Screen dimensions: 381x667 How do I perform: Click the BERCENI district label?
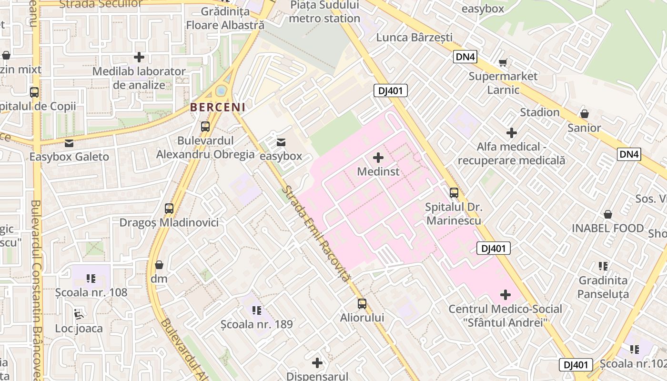[218, 107]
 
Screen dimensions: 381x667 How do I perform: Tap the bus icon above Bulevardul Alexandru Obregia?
[205, 127]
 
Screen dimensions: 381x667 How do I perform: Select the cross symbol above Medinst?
[378, 157]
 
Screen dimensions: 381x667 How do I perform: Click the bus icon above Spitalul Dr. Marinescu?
[454, 193]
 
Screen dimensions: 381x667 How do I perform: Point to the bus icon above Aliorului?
[362, 304]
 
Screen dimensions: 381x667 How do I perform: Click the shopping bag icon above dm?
[159, 265]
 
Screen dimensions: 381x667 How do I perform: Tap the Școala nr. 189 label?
[257, 324]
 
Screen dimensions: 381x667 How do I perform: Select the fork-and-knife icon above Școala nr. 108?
[91, 278]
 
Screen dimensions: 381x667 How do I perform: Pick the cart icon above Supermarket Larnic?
[503, 62]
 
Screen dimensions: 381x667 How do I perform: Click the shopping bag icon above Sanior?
[585, 114]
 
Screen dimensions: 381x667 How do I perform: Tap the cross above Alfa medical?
[512, 132]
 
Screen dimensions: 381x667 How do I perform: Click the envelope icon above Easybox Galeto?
[69, 143]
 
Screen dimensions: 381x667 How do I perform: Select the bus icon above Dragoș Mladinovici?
[169, 209]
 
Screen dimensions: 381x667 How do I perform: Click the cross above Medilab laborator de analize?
[139, 58]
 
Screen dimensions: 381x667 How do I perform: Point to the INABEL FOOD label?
[608, 228]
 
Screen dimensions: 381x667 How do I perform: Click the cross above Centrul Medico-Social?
[505, 295]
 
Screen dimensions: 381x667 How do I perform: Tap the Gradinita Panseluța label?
[603, 287]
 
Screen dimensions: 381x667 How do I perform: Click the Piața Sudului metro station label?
[324, 12]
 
